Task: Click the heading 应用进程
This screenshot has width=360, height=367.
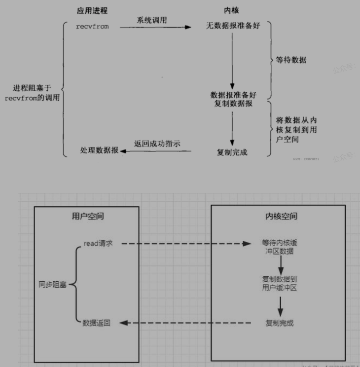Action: [93, 10]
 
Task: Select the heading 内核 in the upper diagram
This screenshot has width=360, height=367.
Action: [231, 10]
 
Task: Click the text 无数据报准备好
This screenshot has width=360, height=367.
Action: [232, 26]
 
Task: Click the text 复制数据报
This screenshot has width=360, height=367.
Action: [233, 104]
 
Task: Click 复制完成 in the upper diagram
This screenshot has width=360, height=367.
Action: [232, 152]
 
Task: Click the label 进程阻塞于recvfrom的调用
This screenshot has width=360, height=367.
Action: [33, 93]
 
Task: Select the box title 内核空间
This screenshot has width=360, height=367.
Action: [278, 216]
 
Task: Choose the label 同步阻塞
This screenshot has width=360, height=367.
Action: [53, 285]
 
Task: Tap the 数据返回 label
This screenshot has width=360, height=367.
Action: [97, 323]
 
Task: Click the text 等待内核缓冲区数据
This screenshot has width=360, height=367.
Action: [279, 248]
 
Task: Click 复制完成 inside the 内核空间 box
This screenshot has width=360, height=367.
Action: [280, 323]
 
